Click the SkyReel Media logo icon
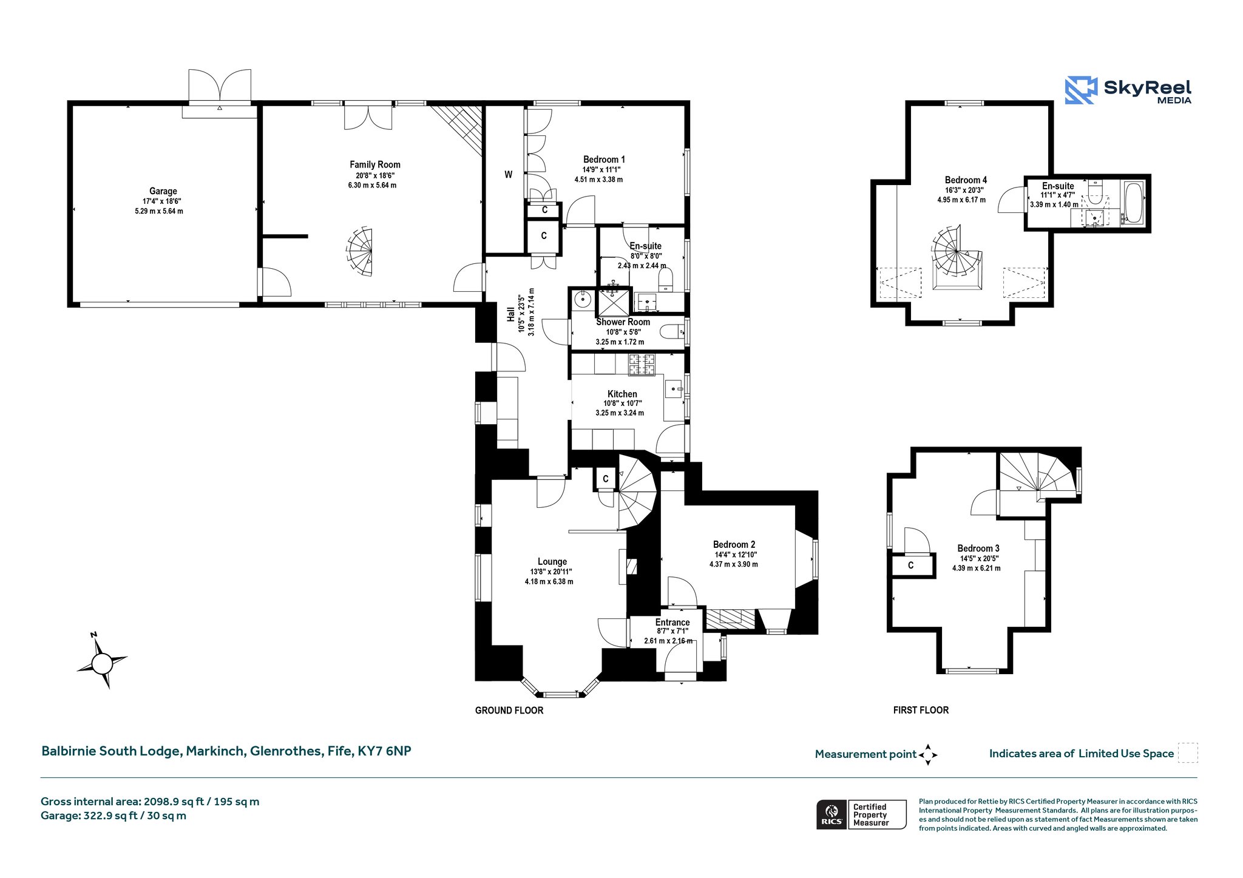tap(1081, 90)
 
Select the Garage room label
tap(163, 191)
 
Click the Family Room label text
tap(375, 164)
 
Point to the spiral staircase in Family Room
tap(361, 252)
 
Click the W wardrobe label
tap(509, 175)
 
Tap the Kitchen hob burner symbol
tap(642, 364)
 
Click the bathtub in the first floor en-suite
tap(1133, 202)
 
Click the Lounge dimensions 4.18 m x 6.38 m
tap(549, 581)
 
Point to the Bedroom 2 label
tap(734, 545)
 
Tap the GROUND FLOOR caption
tap(509, 711)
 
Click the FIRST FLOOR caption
tap(921, 710)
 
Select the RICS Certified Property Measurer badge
tap(861, 814)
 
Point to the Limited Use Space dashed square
tap(1188, 753)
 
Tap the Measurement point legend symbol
tap(928, 755)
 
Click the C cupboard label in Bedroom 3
tap(910, 566)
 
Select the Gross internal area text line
tap(150, 802)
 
